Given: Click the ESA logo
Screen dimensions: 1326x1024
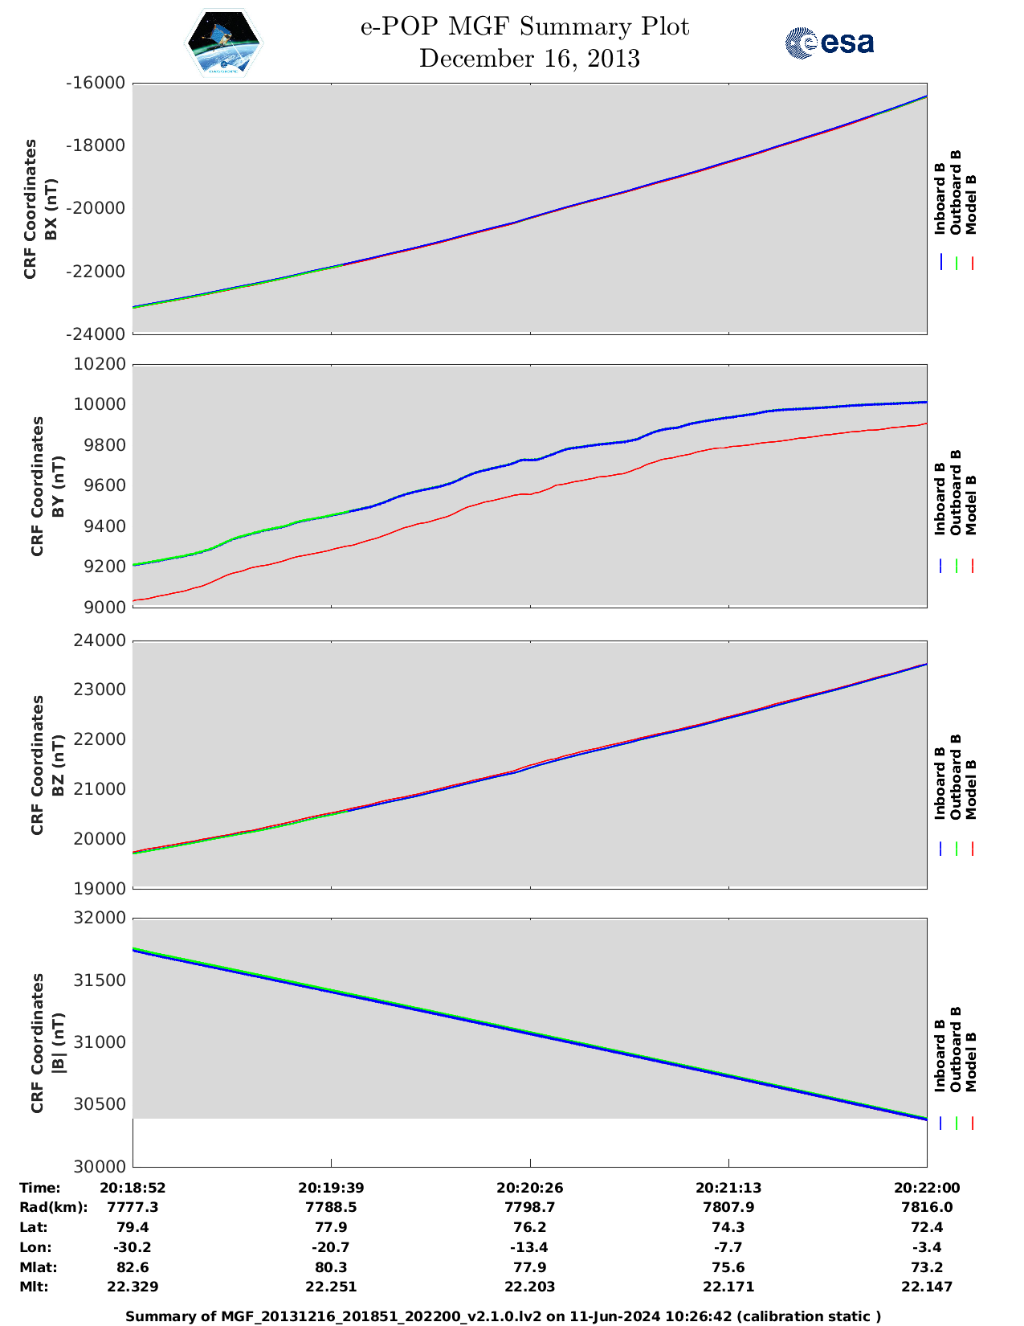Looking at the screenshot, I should [x=829, y=43].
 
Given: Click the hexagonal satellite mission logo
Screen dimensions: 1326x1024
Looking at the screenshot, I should [x=223, y=43].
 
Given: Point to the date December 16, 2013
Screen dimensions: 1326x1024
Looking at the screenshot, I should [x=529, y=59].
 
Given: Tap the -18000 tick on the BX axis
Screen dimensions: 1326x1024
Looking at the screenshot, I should [x=96, y=145].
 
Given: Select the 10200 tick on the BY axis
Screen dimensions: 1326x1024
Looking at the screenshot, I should [x=100, y=364].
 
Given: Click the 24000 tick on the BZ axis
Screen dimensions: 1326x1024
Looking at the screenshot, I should [x=100, y=640].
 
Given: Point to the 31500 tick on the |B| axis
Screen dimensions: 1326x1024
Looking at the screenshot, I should [x=100, y=980].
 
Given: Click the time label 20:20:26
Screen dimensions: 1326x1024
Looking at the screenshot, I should [x=529, y=1188].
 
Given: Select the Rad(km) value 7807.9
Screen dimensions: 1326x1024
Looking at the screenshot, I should [x=728, y=1207].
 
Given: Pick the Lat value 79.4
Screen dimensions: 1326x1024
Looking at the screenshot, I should [x=133, y=1227].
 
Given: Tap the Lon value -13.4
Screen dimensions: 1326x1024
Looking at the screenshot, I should [x=529, y=1247].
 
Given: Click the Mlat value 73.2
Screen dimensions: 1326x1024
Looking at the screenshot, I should [x=927, y=1267].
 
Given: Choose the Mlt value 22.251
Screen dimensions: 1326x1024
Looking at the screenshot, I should [x=331, y=1287].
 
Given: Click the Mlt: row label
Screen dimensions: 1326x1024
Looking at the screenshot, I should [x=34, y=1287].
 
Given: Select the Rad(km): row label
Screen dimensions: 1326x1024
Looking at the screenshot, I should [x=53, y=1207].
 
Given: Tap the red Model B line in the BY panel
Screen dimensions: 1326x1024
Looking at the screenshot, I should [x=530, y=493].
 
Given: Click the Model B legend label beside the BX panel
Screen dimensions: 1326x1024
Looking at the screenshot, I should [x=971, y=204].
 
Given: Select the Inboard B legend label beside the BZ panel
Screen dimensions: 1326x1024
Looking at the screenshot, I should [x=940, y=783].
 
